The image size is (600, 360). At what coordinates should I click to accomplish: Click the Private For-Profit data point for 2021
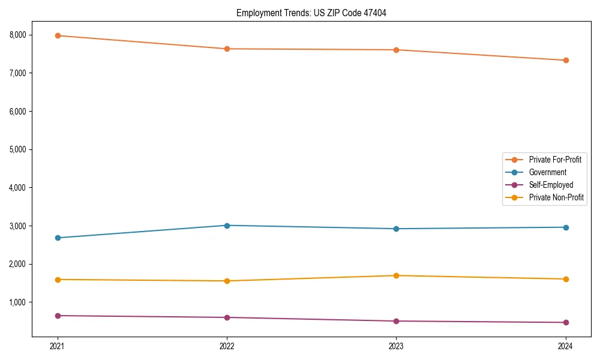click(x=58, y=35)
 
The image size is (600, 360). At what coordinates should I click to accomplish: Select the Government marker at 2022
click(x=227, y=226)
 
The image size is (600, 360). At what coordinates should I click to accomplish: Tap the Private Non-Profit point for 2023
click(x=397, y=275)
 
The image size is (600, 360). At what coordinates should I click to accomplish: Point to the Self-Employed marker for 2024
click(x=566, y=322)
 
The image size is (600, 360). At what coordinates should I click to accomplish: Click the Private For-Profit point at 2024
click(x=566, y=60)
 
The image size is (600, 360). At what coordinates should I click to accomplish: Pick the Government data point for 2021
click(x=58, y=238)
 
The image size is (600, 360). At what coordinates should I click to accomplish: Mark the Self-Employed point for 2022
click(x=227, y=317)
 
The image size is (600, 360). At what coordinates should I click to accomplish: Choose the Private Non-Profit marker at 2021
click(x=58, y=280)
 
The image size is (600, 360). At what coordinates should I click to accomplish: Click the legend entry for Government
click(x=547, y=172)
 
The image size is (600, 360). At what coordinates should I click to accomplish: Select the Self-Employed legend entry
click(x=551, y=185)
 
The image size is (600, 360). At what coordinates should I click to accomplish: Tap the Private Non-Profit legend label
click(x=556, y=197)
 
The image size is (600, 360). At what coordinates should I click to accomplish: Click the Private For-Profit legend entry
click(x=555, y=160)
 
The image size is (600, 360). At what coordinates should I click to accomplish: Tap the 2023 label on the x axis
click(x=397, y=346)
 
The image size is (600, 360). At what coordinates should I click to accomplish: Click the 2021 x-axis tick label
click(x=58, y=346)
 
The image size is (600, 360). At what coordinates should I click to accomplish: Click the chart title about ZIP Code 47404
click(x=311, y=13)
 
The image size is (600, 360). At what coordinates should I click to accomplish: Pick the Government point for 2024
click(x=566, y=227)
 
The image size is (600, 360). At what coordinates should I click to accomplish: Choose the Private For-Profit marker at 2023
click(x=397, y=50)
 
